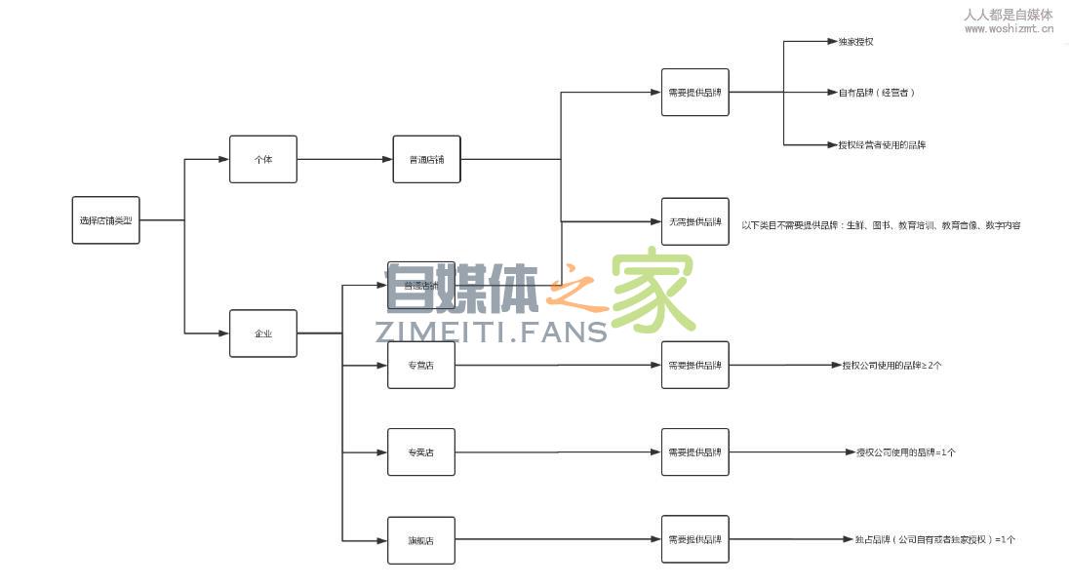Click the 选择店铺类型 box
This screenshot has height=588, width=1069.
coord(105,220)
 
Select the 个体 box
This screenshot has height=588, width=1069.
coord(262,159)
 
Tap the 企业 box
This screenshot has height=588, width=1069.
coord(262,333)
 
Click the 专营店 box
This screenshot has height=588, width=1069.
coord(420,366)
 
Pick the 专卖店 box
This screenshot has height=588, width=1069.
coord(420,452)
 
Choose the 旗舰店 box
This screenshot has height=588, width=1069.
coord(420,540)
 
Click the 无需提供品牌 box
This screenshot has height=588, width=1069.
coord(694,221)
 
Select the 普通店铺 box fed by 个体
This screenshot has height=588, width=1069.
coord(426,159)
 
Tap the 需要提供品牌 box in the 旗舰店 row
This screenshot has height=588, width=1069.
coord(694,539)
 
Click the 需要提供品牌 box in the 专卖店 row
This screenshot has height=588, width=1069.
coord(694,452)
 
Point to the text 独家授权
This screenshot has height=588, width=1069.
coord(855,42)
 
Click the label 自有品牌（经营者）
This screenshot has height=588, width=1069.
coord(876,93)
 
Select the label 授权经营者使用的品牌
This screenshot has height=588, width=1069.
coord(882,144)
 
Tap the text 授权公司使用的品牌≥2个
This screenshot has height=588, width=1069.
coord(891,366)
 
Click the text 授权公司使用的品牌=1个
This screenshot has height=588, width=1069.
coord(905,452)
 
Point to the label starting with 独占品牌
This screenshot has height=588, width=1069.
coord(934,539)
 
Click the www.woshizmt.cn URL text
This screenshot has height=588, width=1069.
coord(1009,29)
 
